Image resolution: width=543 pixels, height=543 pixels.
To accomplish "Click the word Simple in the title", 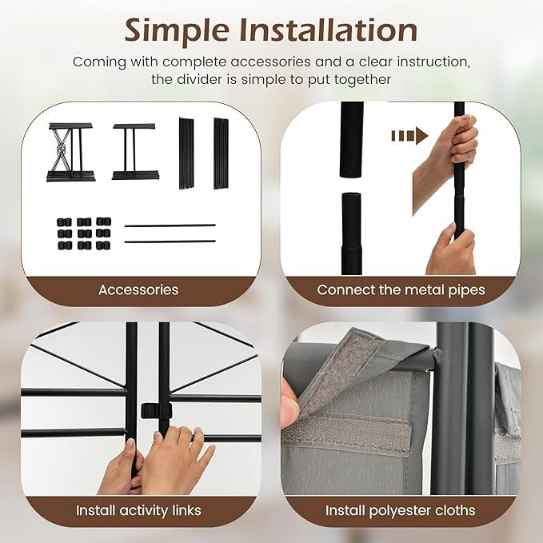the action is [177, 31].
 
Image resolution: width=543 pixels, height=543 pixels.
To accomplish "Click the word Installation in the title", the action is [329, 30].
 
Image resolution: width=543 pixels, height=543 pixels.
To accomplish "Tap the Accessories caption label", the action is [138, 289].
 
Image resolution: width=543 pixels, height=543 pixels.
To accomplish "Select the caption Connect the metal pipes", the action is [401, 289].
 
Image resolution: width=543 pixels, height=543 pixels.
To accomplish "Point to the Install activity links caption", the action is [138, 510].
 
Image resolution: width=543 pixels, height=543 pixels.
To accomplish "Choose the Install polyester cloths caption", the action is [401, 511].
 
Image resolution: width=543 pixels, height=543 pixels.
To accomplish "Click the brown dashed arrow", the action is [409, 135].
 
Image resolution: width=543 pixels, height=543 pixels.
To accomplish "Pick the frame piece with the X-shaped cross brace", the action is [70, 152].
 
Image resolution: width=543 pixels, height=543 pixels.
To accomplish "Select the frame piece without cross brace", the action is [135, 151].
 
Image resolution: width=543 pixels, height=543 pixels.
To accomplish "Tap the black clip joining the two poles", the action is [157, 410].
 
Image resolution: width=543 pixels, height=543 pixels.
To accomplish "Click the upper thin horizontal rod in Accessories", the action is [170, 226].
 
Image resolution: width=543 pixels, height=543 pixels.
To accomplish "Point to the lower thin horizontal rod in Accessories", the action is [170, 241].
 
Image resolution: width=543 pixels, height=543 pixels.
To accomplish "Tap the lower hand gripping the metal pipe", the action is [450, 250].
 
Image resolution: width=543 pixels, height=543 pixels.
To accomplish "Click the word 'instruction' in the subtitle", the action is [433, 62].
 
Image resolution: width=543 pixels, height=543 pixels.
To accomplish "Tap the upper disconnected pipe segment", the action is [352, 140].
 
